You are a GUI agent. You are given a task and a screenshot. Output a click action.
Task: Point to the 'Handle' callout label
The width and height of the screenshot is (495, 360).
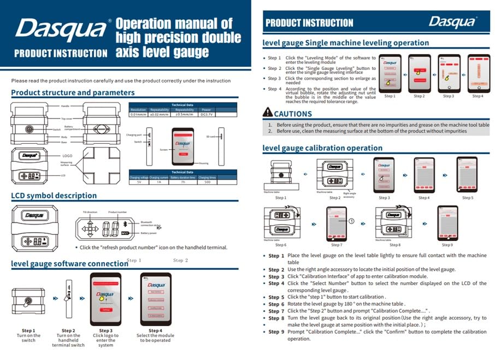pyautogui.click(x=66, y=105)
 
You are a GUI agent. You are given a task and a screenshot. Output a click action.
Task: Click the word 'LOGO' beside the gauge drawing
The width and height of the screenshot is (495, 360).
pyautogui.click(x=67, y=156)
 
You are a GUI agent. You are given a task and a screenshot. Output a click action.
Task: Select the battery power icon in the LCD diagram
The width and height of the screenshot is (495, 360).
pyautogui.click(x=125, y=233)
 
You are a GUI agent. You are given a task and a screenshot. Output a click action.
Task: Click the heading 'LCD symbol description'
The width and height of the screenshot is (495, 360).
pyautogui.click(x=54, y=196)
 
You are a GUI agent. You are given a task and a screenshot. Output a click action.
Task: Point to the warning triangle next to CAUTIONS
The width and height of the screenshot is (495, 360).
pyautogui.click(x=267, y=113)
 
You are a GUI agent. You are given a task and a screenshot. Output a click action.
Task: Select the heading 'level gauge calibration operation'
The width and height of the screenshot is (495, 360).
pyautogui.click(x=322, y=148)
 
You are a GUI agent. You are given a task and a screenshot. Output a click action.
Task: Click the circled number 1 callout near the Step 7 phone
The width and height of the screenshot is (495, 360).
pyautogui.click(x=351, y=221)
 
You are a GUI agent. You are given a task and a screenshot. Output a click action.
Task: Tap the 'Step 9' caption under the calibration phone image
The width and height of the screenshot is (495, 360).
pyautogui.click(x=447, y=245)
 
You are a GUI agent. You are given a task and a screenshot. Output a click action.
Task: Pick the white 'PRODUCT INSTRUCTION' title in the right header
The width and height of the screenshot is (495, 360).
pyautogui.click(x=309, y=23)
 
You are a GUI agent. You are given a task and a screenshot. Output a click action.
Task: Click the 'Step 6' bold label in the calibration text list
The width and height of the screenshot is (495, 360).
pyautogui.click(x=276, y=304)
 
